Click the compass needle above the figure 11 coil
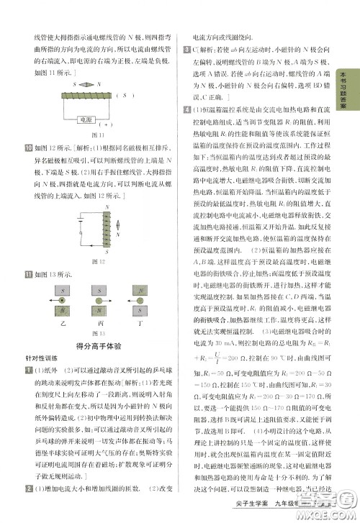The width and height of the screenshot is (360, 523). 86,84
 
